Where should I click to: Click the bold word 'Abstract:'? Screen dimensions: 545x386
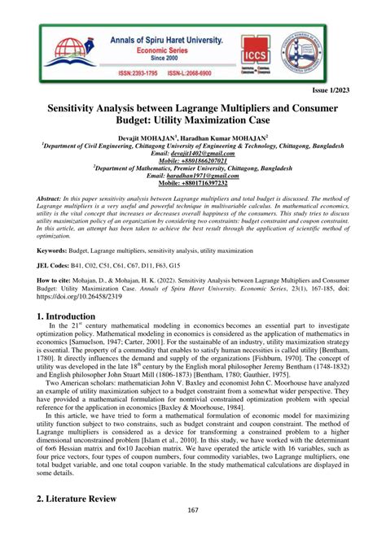tap(53, 198)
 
